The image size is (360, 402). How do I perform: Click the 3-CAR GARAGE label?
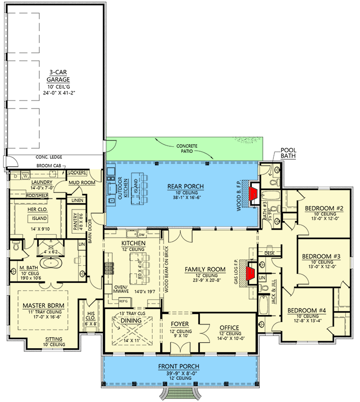(59, 75)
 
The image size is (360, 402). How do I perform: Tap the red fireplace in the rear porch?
(253, 193)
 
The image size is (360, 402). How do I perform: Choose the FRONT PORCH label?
(178, 366)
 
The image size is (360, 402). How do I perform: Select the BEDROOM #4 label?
(307, 310)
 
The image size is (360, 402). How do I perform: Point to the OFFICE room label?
(229, 328)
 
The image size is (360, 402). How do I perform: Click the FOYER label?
(180, 325)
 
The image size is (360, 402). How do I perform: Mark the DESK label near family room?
(269, 253)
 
